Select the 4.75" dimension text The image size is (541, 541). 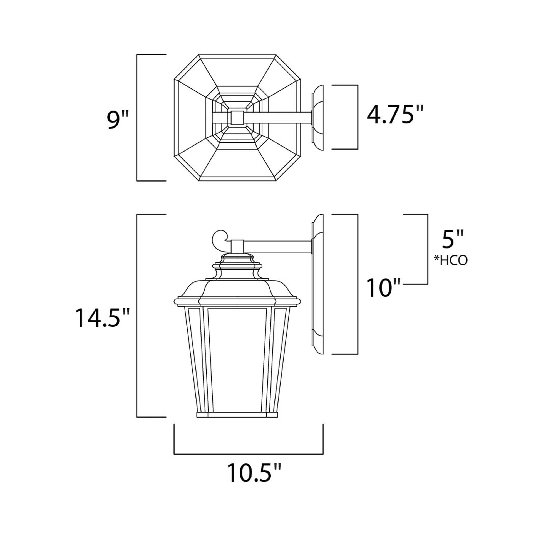[394, 115]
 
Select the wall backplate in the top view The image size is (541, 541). [318, 118]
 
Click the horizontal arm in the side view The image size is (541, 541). [277, 247]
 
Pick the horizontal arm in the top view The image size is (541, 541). [277, 117]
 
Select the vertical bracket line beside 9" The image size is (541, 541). [137, 118]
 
